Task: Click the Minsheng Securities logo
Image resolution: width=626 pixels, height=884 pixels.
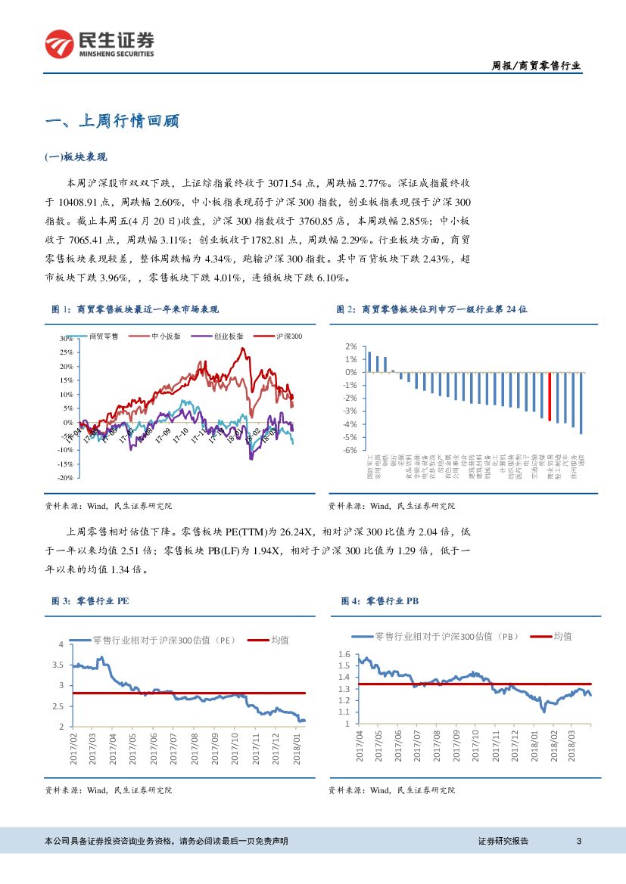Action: [99, 45]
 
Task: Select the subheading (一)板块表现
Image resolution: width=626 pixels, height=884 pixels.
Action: [76, 157]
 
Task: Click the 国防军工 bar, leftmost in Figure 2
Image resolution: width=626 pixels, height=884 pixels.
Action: [369, 362]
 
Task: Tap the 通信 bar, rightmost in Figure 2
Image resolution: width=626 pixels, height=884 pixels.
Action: [581, 403]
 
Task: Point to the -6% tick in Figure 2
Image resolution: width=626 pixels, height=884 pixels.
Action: [350, 450]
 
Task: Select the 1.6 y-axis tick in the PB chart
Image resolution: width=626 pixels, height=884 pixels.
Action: [344, 655]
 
